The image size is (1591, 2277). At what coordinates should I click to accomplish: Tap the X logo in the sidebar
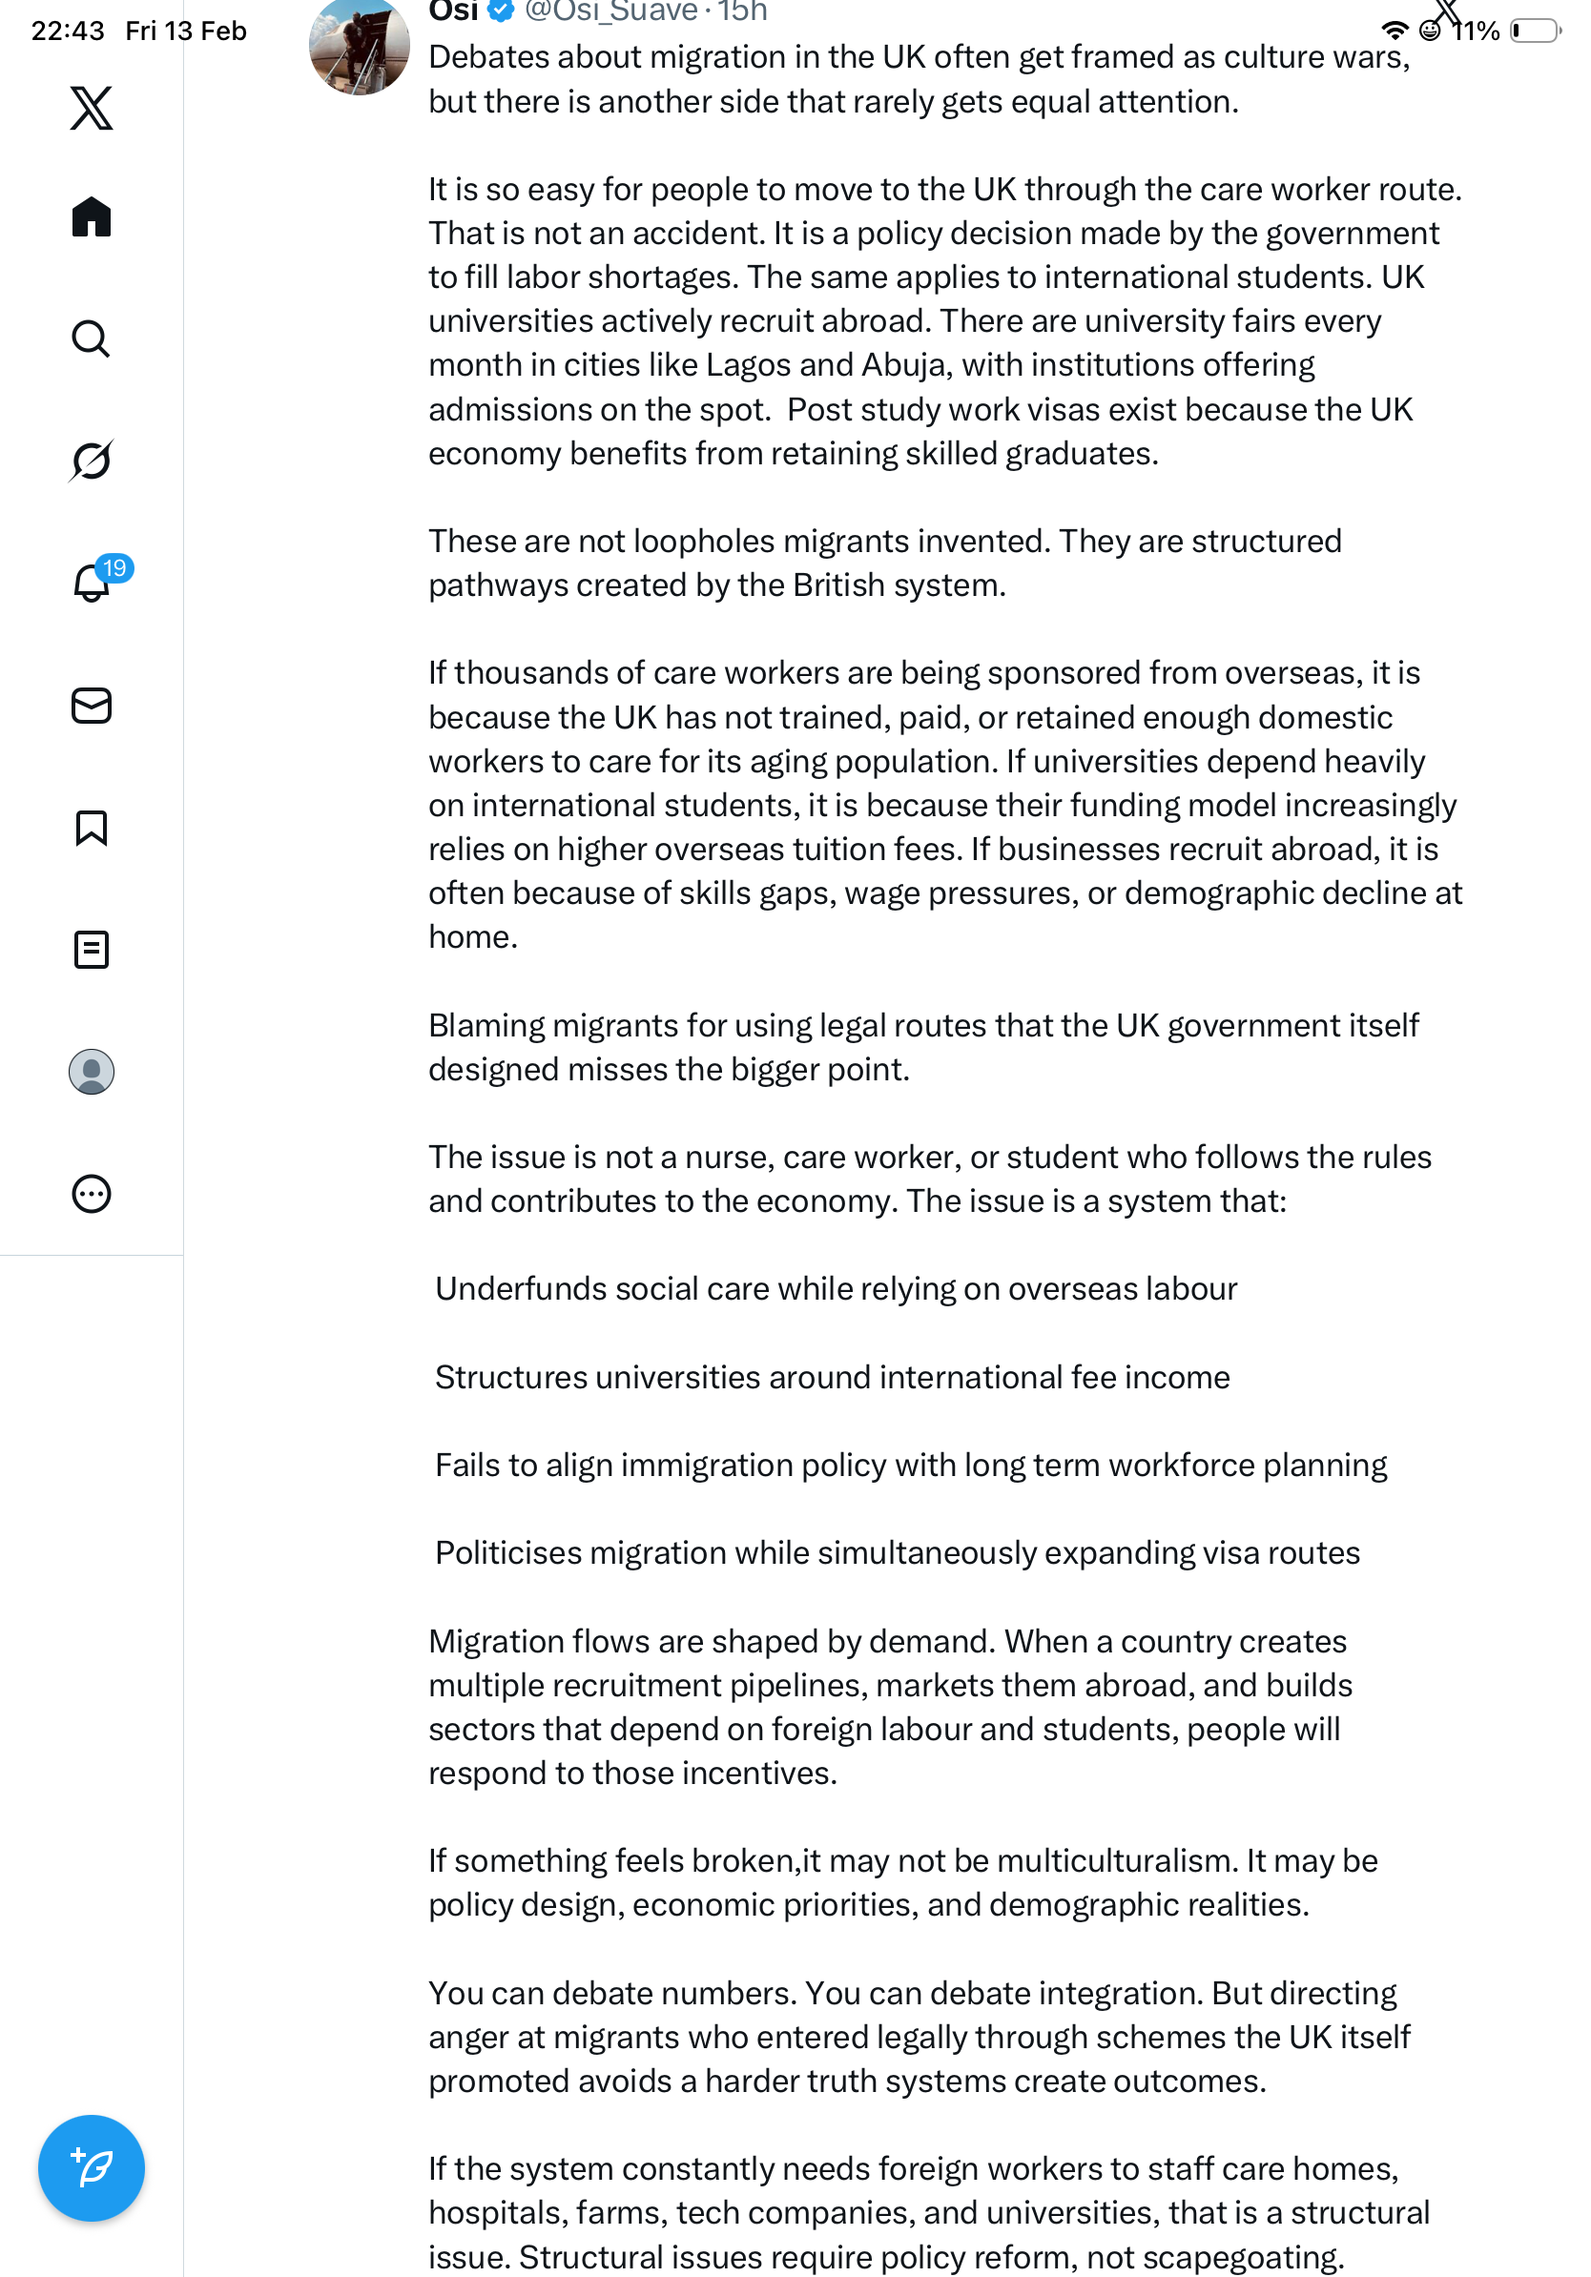pyautogui.click(x=92, y=108)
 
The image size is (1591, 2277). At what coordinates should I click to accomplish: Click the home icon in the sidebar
pyautogui.click(x=92, y=216)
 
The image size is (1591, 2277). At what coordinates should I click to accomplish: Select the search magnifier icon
pyautogui.click(x=92, y=339)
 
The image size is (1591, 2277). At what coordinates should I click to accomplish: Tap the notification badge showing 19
pyautogui.click(x=114, y=568)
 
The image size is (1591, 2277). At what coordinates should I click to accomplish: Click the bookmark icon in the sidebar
pyautogui.click(x=92, y=828)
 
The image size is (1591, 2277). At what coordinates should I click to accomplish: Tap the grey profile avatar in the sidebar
pyautogui.click(x=92, y=1072)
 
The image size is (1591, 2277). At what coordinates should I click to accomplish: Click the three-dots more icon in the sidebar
pyautogui.click(x=92, y=1194)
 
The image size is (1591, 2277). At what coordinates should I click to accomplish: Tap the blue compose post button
pyautogui.click(x=92, y=2167)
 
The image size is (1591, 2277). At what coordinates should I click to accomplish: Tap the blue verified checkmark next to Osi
pyautogui.click(x=501, y=11)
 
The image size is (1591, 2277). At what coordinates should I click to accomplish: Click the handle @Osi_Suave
pyautogui.click(x=611, y=11)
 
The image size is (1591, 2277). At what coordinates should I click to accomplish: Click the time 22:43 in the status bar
pyautogui.click(x=68, y=31)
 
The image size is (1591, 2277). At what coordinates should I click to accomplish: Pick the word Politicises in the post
pyautogui.click(x=507, y=1552)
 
